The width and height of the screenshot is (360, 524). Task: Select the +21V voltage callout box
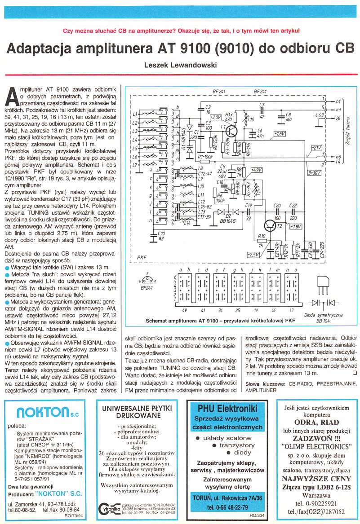pos(316,147)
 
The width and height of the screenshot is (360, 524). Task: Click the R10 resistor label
pos(261,236)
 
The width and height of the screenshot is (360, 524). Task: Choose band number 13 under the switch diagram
pos(292,310)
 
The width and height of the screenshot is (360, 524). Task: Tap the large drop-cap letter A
pos(13,96)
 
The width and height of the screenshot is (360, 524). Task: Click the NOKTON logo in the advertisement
pos(43,412)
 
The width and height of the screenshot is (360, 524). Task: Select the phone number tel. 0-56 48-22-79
pos(227,508)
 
